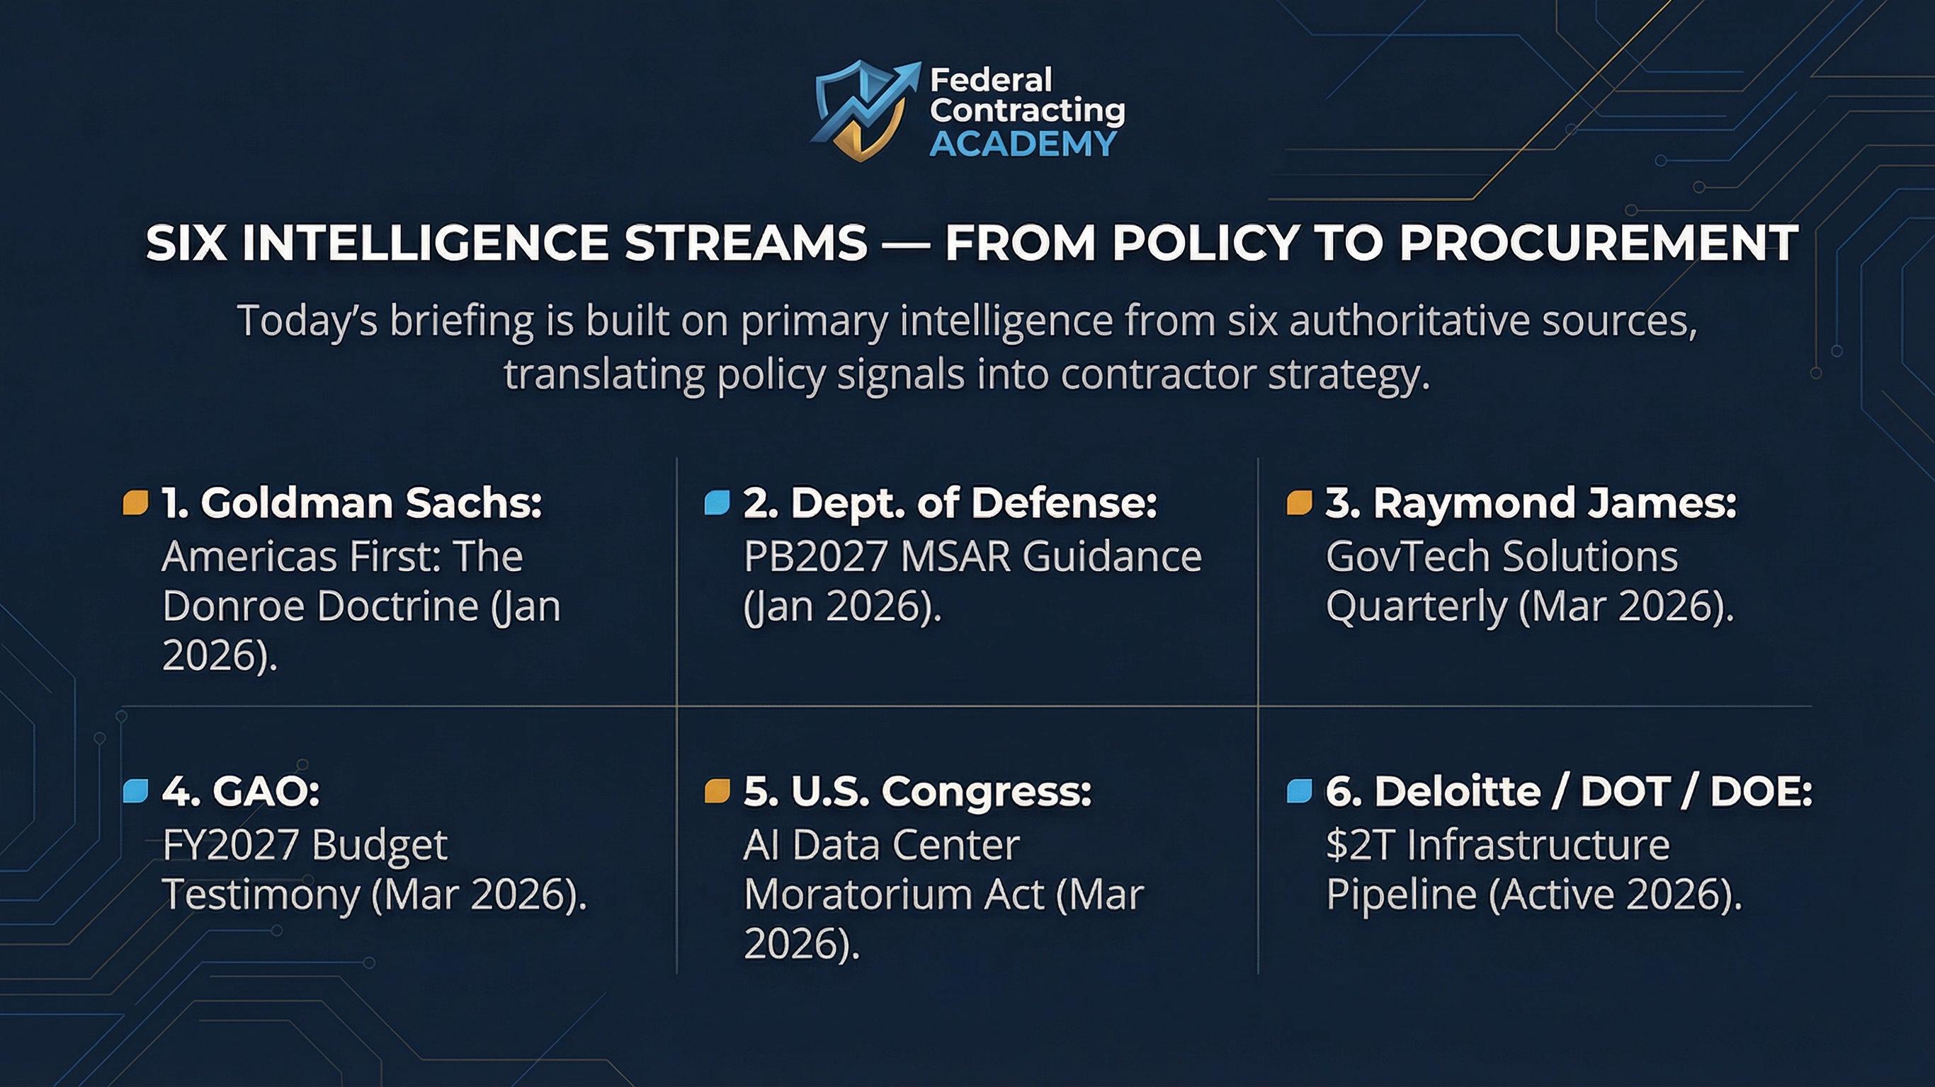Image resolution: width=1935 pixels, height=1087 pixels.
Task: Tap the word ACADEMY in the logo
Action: tap(1023, 144)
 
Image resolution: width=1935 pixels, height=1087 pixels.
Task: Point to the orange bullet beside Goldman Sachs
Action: tap(135, 503)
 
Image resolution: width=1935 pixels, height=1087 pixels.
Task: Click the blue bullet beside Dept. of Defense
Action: tap(717, 503)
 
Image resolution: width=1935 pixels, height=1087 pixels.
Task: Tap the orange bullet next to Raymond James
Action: tap(1300, 503)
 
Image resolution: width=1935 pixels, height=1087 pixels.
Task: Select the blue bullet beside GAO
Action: tap(135, 791)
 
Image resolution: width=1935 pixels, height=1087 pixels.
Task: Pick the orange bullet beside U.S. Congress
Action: tap(717, 791)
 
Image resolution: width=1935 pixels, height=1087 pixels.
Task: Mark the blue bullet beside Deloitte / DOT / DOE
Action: tap(1300, 791)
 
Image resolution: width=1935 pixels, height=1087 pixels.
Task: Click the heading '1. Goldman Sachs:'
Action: tap(352, 503)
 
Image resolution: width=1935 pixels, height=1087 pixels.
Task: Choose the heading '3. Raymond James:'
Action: tap(1531, 503)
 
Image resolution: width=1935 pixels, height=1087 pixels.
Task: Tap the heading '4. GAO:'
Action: tap(241, 791)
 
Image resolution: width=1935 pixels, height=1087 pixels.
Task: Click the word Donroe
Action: tap(231, 606)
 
